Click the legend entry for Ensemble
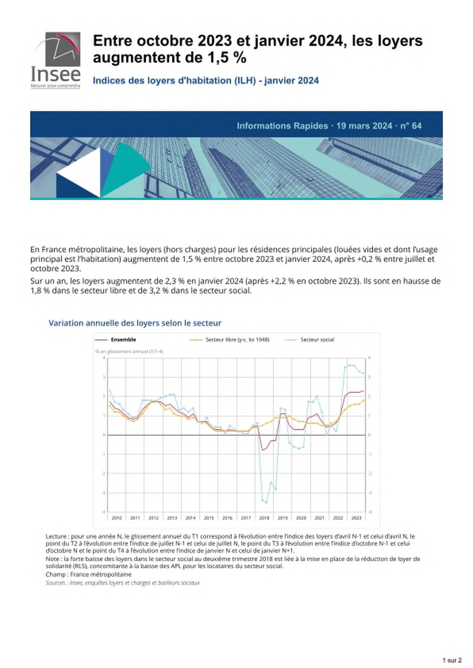pos(123,340)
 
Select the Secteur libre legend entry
pos(237,340)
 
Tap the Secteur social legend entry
pos(317,340)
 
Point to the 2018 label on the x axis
pos(264,518)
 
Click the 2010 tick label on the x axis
pos(116,518)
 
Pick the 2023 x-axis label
pos(356,518)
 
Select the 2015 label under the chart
pos(209,518)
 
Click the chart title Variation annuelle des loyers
pos(135,323)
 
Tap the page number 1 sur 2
pos(452,660)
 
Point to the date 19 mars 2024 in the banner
pos(364,126)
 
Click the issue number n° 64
pos(411,126)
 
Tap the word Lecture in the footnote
pos(56,536)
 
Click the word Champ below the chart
pos(55,574)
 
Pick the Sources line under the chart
pos(123,583)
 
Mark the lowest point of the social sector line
pos(266,502)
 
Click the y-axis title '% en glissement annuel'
pos(129,351)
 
